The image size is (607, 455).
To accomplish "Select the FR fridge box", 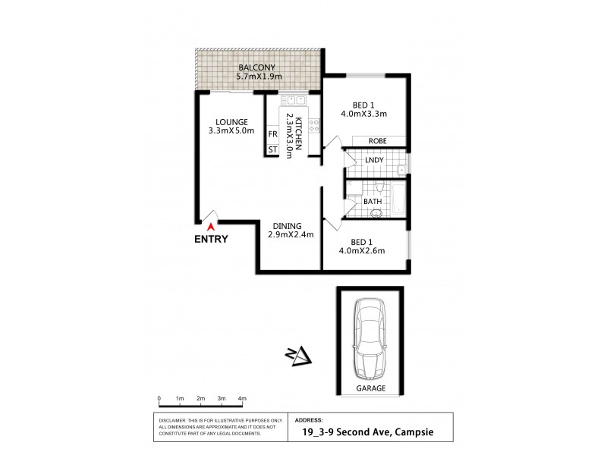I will pos(272,134).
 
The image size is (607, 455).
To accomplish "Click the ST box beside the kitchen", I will pos(272,149).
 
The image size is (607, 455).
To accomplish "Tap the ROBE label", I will pos(378,141).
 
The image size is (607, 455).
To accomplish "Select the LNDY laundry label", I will pos(373,160).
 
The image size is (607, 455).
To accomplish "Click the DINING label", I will pos(285,225).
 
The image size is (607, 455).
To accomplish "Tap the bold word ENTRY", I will pos(210,239).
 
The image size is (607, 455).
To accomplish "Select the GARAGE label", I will pos(371,388).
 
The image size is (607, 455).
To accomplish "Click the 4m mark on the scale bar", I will pos(242,399).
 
